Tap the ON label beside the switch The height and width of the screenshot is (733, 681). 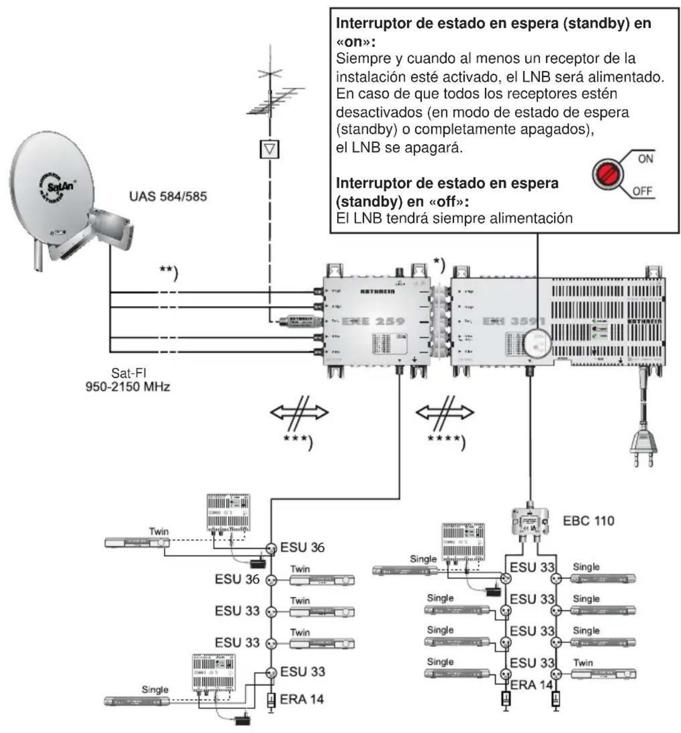645,159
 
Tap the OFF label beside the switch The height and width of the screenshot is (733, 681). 643,191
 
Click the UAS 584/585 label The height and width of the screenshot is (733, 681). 168,196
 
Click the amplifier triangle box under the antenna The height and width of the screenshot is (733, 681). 270,149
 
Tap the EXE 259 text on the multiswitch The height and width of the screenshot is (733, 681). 372,321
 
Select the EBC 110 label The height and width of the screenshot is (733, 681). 588,521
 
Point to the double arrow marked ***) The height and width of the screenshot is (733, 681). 299,413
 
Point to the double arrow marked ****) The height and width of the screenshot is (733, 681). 444,413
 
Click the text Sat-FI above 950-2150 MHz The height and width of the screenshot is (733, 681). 128,374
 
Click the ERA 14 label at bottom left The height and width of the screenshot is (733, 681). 301,699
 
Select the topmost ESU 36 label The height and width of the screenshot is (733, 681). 302,547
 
